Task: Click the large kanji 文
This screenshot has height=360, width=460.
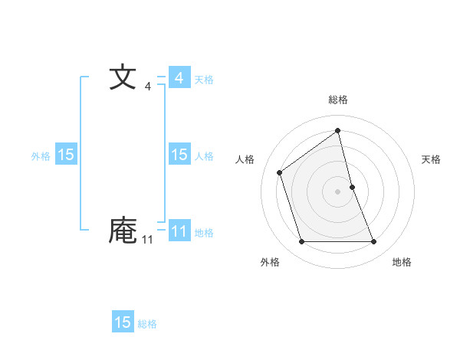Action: (x=123, y=78)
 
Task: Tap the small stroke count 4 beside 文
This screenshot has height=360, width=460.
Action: (x=148, y=87)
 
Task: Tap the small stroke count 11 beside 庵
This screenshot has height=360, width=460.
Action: (x=147, y=240)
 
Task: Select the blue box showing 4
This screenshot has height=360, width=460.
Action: (x=179, y=78)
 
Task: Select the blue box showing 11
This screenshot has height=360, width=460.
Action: (x=179, y=231)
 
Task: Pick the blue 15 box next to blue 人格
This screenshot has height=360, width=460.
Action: (x=179, y=155)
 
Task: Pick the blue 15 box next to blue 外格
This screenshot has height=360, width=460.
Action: (x=66, y=155)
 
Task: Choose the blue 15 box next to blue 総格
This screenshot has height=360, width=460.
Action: (x=123, y=322)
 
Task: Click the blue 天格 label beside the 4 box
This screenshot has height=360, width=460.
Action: (x=204, y=80)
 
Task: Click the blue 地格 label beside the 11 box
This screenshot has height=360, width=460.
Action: (x=204, y=233)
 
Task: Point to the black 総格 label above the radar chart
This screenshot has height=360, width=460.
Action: (x=337, y=100)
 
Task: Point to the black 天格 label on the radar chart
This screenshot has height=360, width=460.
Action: (x=431, y=159)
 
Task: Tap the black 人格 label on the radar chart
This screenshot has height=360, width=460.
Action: (x=245, y=159)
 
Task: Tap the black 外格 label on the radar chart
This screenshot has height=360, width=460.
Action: (x=270, y=262)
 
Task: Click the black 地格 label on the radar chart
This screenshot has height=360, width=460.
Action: (x=402, y=262)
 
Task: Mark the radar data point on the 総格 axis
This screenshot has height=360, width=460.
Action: (x=337, y=131)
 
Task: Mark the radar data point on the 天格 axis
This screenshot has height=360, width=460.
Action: (x=352, y=186)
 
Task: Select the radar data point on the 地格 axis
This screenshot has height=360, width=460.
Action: (x=373, y=242)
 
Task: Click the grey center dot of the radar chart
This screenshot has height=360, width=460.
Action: (x=337, y=191)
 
